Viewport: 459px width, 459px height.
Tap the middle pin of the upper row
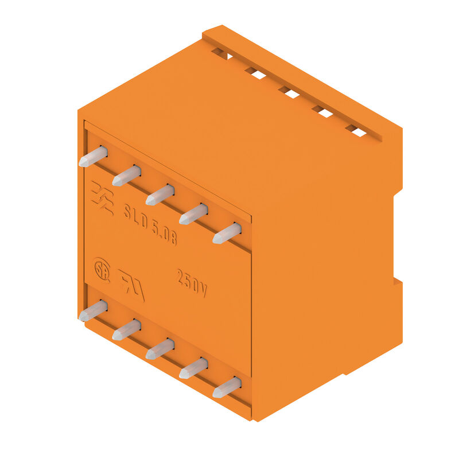(160, 195)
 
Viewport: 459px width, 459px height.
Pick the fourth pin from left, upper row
(193, 214)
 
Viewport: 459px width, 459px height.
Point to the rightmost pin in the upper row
(227, 234)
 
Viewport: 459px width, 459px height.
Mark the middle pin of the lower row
(160, 349)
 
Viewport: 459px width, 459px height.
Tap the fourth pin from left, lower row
(193, 368)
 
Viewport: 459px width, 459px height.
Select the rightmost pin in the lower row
(227, 387)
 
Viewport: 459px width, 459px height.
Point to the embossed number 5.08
(164, 234)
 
